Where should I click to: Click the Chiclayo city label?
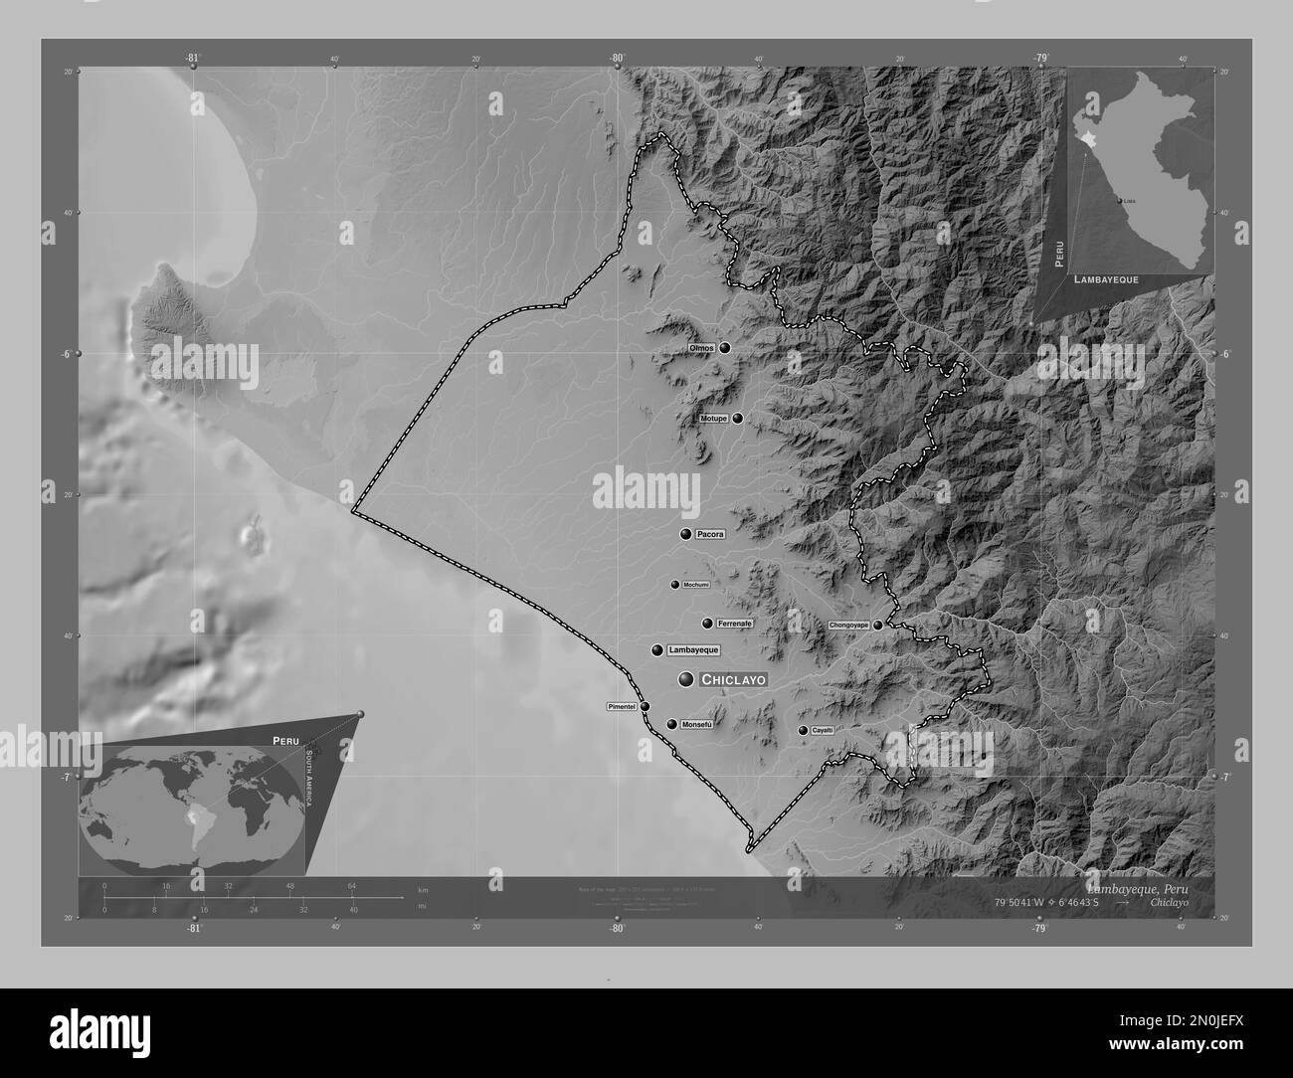click(733, 680)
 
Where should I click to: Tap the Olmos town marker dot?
click(725, 348)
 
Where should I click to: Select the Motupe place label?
click(713, 419)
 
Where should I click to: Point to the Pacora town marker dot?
click(685, 534)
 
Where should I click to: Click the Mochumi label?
click(695, 585)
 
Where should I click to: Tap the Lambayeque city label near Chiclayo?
click(692, 650)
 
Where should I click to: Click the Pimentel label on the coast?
click(621, 706)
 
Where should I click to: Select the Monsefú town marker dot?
click(672, 725)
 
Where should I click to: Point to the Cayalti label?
click(823, 731)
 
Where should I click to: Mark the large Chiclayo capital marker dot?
click(686, 679)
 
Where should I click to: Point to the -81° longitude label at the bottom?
click(193, 929)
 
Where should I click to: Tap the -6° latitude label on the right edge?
click(1225, 354)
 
